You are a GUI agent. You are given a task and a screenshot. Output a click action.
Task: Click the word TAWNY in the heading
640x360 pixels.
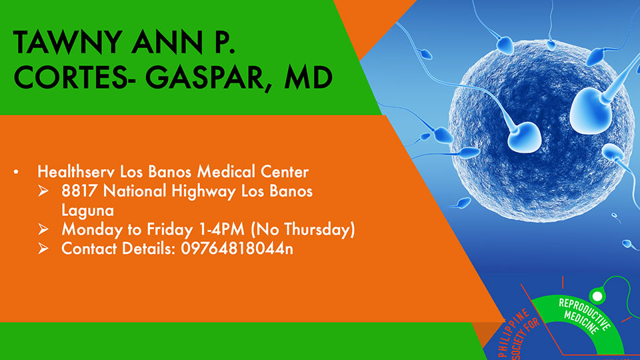click(68, 43)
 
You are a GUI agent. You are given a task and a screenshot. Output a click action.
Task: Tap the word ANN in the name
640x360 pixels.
click(167, 43)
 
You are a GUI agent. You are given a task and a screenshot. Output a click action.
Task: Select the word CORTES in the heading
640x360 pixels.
click(69, 77)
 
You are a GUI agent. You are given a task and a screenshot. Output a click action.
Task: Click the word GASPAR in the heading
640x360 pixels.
click(206, 77)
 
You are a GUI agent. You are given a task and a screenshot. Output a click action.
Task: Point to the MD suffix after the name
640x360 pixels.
click(308, 77)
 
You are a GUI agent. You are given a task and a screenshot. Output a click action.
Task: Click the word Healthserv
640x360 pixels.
click(76, 172)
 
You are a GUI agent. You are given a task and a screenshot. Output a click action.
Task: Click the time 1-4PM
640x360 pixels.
click(221, 229)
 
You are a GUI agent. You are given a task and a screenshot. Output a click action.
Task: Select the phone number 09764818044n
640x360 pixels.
click(237, 249)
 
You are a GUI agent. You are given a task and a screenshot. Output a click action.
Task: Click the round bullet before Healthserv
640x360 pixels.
click(16, 172)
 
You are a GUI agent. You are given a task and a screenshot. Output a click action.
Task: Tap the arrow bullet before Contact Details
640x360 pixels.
click(43, 248)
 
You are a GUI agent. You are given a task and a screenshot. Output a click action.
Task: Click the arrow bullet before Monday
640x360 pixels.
click(43, 229)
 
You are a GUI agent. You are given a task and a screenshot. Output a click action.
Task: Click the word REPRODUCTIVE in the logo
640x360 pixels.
click(585, 314)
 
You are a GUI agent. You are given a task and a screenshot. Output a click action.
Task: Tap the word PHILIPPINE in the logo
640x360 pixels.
click(513, 333)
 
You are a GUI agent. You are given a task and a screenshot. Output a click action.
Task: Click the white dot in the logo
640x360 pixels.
click(597, 296)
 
